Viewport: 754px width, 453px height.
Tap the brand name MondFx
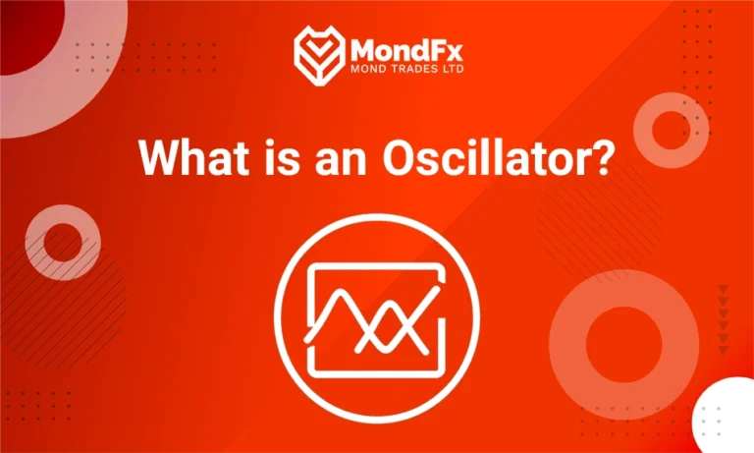coord(404,48)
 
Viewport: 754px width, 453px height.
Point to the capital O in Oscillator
coord(398,157)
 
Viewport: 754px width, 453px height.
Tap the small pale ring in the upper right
coord(671,128)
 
